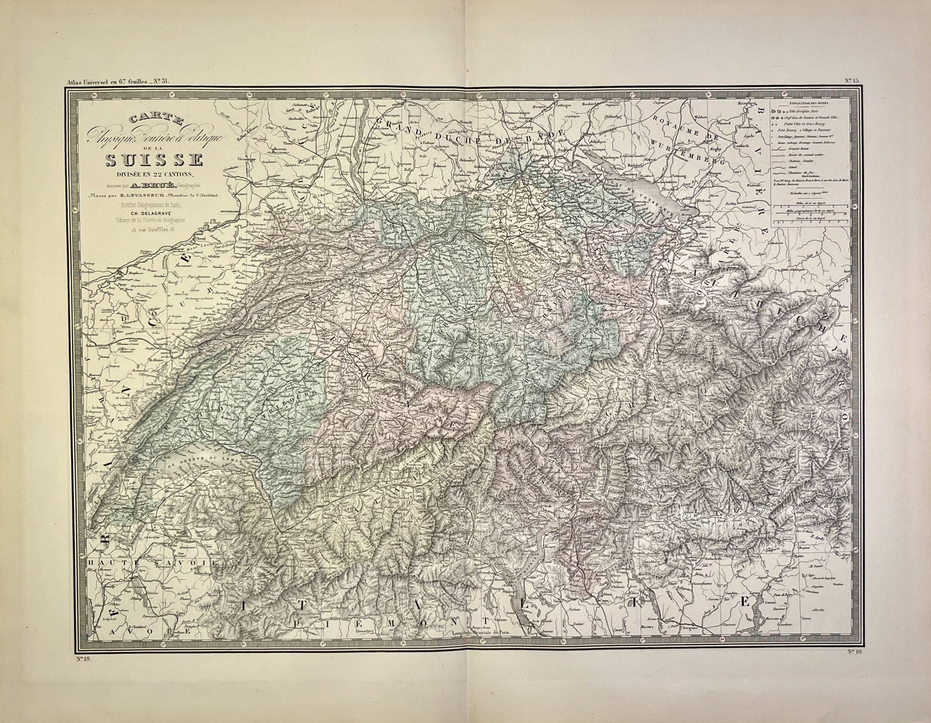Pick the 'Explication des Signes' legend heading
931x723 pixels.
pyautogui.click(x=810, y=103)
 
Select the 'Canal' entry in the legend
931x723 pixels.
pyautogui.click(x=794, y=167)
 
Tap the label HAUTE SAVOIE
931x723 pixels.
pyautogui.click(x=153, y=563)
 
